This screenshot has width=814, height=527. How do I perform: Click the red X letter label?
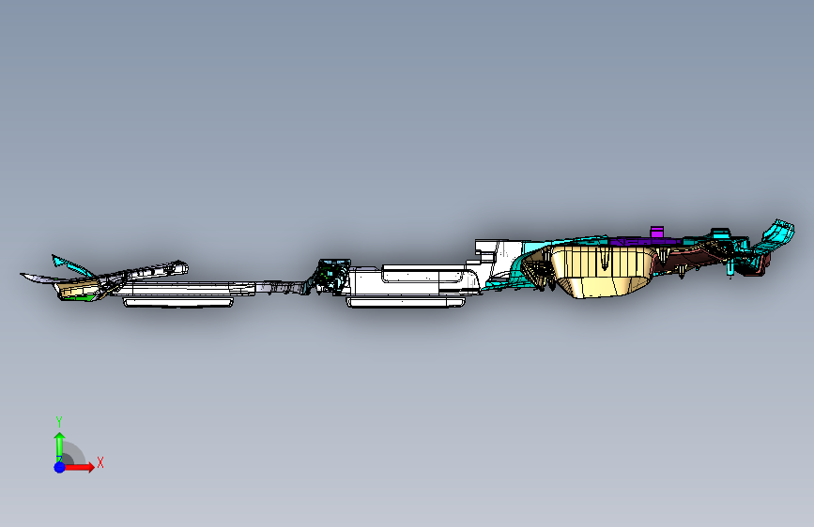(x=100, y=462)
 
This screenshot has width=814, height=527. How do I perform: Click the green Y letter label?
(x=58, y=421)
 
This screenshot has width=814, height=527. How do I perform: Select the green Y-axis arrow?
(x=58, y=443)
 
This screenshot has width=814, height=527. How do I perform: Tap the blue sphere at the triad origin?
(x=59, y=466)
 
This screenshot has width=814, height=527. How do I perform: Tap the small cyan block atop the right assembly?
(x=720, y=233)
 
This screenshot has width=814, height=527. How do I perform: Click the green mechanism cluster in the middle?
(x=330, y=274)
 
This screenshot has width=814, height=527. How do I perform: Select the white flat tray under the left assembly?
(x=178, y=301)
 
